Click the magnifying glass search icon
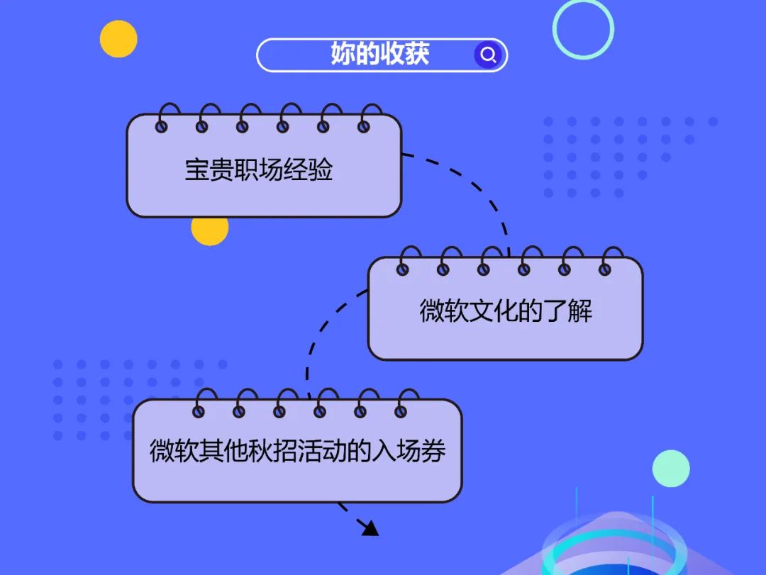[488, 55]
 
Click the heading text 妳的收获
[379, 55]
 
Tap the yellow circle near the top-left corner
[118, 38]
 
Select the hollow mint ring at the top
[583, 28]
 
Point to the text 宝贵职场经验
[259, 170]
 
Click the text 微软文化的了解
[505, 311]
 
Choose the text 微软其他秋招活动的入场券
[297, 452]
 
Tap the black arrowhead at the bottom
[370, 527]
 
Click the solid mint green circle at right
[671, 469]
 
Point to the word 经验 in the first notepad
[309, 170]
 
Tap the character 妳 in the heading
[343, 55]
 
